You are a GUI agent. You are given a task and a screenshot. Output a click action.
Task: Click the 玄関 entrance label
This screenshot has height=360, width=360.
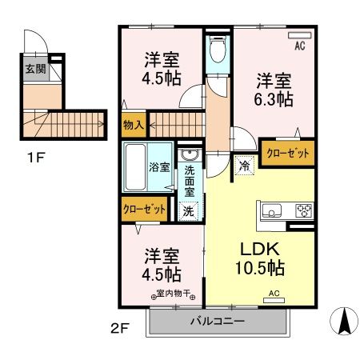pos(34,69)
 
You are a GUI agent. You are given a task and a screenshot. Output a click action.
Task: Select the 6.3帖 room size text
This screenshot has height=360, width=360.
pos(274,101)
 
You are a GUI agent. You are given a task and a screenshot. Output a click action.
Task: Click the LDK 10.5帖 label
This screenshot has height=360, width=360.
pos(259,256)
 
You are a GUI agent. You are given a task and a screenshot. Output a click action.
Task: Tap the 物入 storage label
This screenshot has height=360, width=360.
pos(133,125)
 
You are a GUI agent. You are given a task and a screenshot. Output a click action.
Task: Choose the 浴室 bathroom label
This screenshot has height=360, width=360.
pos(136,167)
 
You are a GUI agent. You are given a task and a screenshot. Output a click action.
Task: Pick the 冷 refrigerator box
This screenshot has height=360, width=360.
pos(242,166)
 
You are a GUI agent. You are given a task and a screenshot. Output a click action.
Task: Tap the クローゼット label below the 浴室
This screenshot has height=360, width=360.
pos(145,209)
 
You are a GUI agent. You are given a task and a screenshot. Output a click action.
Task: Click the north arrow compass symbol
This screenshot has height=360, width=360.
pos(344,322)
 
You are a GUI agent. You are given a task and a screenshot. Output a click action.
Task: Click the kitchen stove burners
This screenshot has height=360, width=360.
pos(303,212)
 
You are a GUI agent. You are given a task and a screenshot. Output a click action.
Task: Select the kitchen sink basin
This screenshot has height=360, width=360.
pos(270,212)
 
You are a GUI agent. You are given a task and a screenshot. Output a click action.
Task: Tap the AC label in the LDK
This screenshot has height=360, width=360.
pos(274,294)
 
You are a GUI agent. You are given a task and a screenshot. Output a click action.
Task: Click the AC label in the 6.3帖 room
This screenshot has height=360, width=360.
pos(300,46)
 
